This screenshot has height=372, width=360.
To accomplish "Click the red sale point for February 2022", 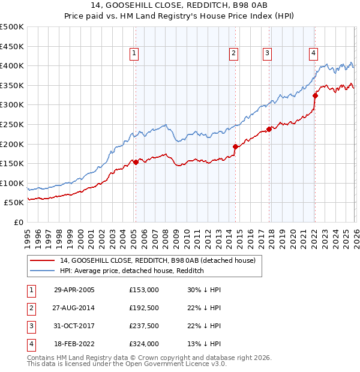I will pyautogui.click(x=315, y=95).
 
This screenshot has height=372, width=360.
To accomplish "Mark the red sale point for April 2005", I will pyautogui.click(x=136, y=162).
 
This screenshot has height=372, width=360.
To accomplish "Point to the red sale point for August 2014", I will pyautogui.click(x=235, y=146).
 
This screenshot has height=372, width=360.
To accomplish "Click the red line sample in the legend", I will pyautogui.click(x=42, y=260).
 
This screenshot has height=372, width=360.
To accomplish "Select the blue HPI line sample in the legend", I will pyautogui.click(x=42, y=271).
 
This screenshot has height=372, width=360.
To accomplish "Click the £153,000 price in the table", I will pyautogui.click(x=144, y=290).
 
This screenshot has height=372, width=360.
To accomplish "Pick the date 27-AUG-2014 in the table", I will pyautogui.click(x=74, y=308).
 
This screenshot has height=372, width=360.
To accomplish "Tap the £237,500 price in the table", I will pyautogui.click(x=144, y=326).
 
